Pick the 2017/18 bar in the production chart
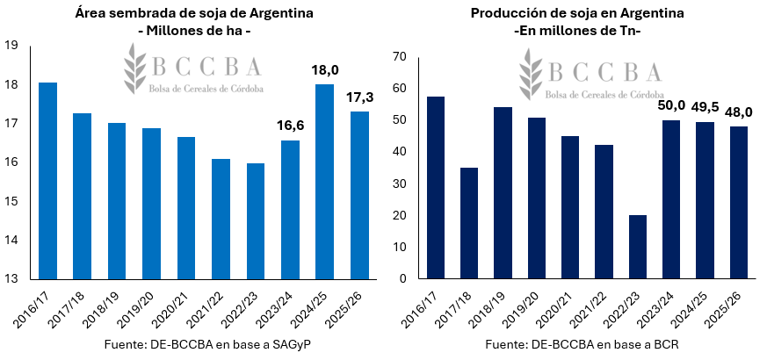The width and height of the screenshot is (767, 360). [470, 223]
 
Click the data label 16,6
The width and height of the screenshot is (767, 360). [290, 126]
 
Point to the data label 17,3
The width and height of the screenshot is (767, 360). [359, 97]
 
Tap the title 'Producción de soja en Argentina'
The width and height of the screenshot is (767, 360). [576, 13]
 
